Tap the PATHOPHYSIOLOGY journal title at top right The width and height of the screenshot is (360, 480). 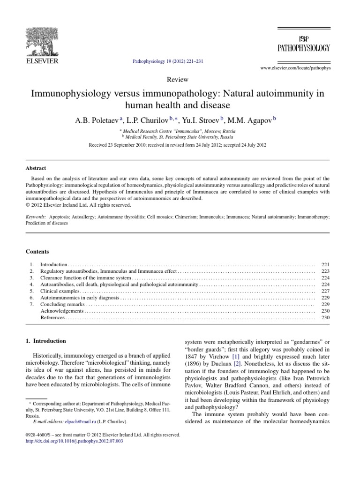click(304, 48)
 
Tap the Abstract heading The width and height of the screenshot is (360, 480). click(36, 168)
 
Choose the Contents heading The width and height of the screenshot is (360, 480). click(37, 252)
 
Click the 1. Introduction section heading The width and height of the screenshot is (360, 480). click(45, 341)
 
